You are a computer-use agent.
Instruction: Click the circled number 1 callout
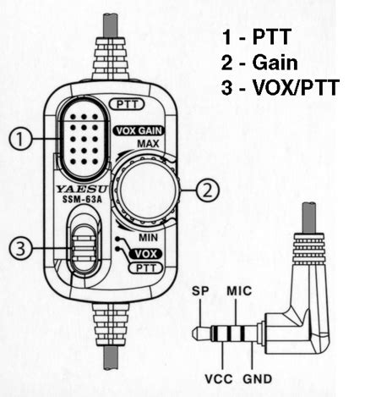point(20,139)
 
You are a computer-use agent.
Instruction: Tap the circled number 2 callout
point(208,190)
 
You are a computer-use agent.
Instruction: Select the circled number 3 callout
point(20,248)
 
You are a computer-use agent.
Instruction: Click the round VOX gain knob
point(147,190)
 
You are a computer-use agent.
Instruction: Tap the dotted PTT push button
point(84,139)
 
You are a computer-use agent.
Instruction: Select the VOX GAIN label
point(139,131)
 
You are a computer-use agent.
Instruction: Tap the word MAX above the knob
point(148,144)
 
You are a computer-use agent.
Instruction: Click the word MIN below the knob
point(148,238)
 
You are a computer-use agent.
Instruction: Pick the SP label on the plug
point(200,291)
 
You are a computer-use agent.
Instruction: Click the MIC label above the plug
point(239,291)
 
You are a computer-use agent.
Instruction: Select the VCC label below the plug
point(219,379)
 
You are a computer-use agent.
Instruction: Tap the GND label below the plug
point(258,379)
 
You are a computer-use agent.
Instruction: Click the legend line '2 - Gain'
point(259,63)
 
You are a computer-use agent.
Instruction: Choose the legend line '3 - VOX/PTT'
point(281,87)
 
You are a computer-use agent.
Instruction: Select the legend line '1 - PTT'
point(257,37)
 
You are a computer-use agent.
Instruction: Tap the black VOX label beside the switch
point(145,254)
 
